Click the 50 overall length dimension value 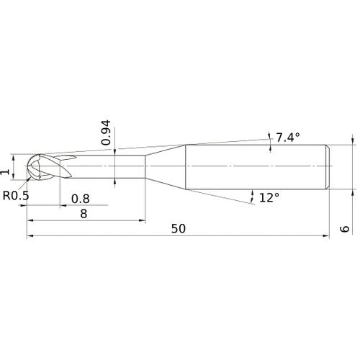179,228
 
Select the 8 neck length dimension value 84,214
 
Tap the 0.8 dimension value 81,198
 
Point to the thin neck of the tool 108,167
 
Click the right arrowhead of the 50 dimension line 326,235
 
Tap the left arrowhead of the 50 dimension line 30,235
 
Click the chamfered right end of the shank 329,167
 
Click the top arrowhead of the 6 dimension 353,142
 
